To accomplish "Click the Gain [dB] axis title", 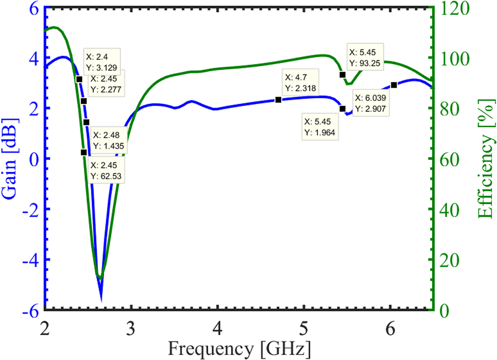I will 9,159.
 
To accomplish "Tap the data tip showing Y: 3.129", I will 102,62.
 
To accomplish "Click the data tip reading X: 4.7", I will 300,83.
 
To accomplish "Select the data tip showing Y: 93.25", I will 365,58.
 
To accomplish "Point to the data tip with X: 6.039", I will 370,103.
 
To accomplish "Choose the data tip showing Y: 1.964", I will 319,127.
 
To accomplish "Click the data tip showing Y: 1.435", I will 108,140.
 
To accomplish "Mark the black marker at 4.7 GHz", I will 278,100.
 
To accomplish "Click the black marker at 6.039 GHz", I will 394,85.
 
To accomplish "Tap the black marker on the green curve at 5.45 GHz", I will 343,75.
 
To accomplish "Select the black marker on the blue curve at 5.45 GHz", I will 343,109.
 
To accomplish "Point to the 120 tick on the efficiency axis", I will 455,9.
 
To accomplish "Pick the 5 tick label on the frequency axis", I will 304,329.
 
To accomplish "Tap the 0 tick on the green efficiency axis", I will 444,311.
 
